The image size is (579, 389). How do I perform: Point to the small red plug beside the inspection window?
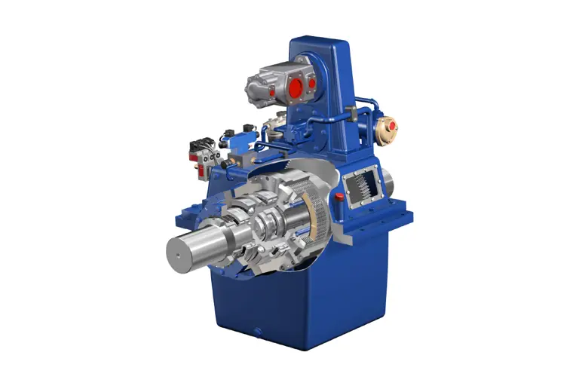click(339, 197)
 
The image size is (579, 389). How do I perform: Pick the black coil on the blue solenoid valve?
click(227, 136)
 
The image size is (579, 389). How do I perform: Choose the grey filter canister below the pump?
click(275, 120)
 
